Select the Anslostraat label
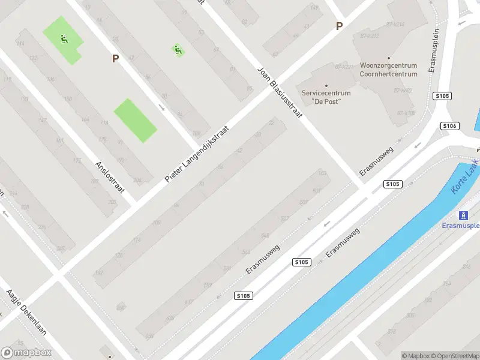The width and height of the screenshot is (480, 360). point(109,176)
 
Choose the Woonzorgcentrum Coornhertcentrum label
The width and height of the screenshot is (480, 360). point(388,70)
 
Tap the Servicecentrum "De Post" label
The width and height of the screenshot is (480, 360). point(326,97)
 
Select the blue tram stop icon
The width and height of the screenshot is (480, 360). point(463,215)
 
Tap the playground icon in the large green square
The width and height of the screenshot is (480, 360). point(63,40)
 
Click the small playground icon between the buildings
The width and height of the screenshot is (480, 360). point(178,50)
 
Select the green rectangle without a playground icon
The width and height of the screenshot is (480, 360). point(135,120)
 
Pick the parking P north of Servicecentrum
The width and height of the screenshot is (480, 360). point(339,26)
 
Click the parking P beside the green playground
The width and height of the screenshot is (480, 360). point(115,58)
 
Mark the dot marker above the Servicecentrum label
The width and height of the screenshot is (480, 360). point(326,85)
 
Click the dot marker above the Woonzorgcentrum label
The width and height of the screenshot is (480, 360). point(388,58)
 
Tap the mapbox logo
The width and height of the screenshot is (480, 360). point(26,352)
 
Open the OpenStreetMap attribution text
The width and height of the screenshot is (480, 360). point(455,356)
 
